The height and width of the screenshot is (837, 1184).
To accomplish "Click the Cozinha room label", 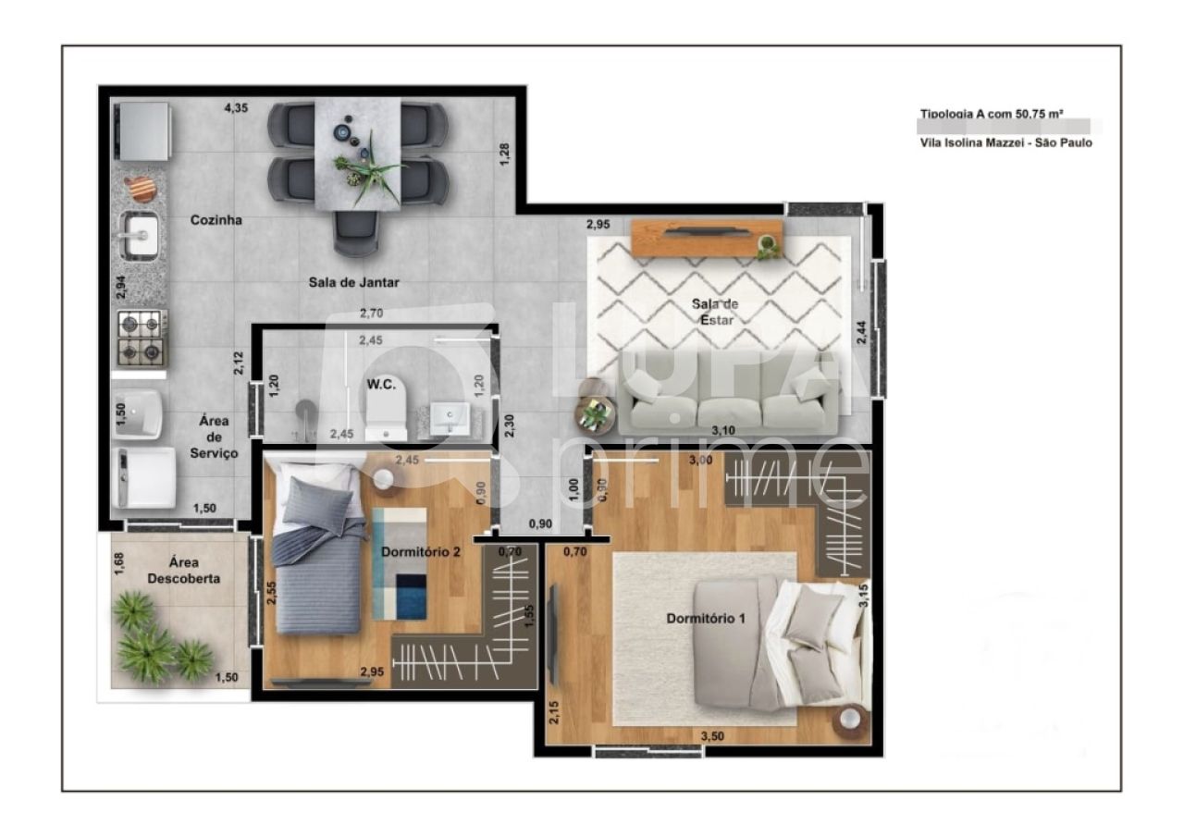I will pos(216,220).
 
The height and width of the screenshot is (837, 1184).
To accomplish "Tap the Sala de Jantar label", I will pos(354,282).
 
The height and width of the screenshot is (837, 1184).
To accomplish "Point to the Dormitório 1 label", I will pos(706,618).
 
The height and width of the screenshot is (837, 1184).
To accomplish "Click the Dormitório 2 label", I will pos(421,552).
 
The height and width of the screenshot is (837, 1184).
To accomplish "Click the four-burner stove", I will pos(142,338).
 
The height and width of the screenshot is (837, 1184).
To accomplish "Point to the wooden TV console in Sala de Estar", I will pos(708,238).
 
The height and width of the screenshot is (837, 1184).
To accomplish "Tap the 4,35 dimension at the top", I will pos(236,108).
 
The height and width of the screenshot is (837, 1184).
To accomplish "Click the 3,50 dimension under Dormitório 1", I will pos(711,736).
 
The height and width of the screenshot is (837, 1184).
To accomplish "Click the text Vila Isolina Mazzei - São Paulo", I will pos(1005,143).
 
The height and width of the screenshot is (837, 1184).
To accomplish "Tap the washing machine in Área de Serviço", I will pos(143,478).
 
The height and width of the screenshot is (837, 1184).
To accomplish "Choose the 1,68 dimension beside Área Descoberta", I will pos(118,564).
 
